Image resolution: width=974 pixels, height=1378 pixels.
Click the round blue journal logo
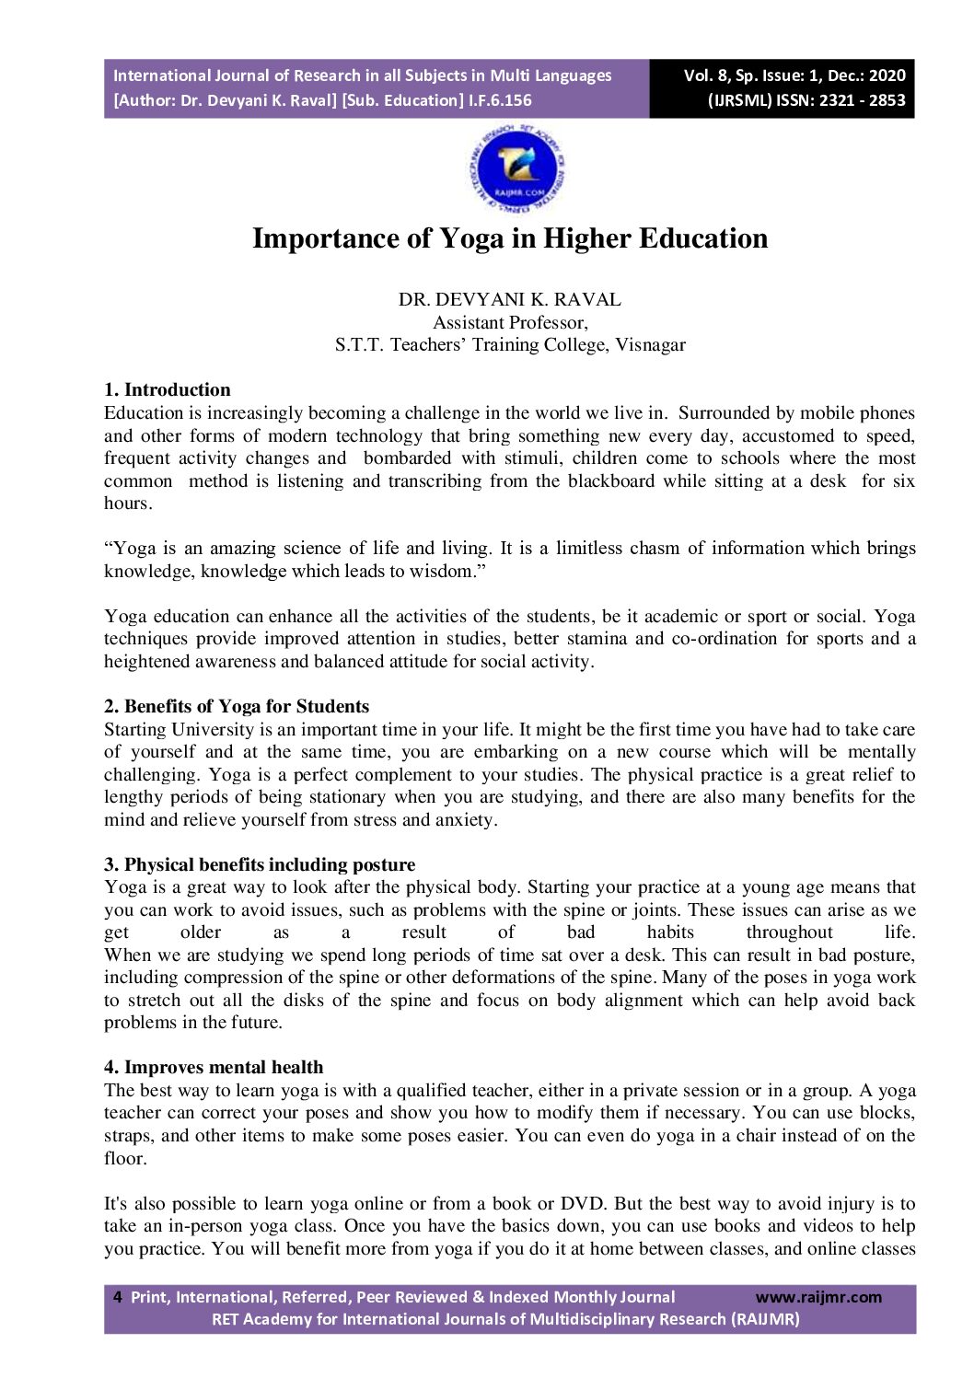(x=516, y=169)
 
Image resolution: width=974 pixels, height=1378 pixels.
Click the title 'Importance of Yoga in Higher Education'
(x=510, y=238)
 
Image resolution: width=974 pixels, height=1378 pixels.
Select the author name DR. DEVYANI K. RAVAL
(x=509, y=300)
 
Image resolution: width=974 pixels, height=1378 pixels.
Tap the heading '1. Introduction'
(x=168, y=389)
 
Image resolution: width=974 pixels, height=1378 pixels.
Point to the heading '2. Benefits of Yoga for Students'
(x=237, y=706)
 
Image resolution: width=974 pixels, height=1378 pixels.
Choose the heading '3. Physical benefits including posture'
(x=260, y=864)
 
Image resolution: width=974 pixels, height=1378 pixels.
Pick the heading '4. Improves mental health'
(x=214, y=1067)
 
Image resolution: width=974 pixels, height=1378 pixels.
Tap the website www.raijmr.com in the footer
(x=818, y=1297)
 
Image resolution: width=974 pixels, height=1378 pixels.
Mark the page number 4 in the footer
(x=117, y=1297)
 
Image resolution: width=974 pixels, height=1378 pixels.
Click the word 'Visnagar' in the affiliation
(x=650, y=345)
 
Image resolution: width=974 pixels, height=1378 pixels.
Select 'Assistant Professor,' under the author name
(x=510, y=322)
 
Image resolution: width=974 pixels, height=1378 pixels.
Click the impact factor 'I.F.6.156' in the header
(x=500, y=100)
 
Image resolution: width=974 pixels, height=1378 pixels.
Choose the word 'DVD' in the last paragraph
(x=586, y=1203)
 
